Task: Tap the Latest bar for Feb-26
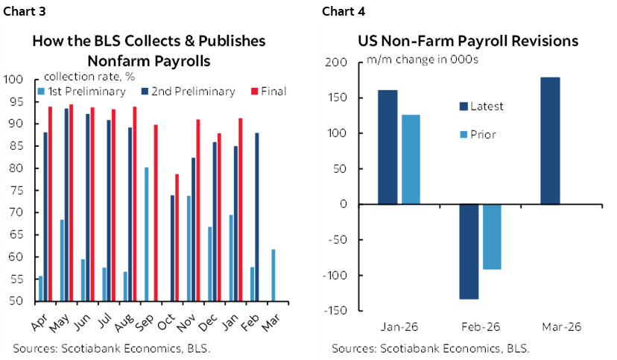[469, 251]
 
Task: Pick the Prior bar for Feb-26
[492, 236]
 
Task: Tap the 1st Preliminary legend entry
[76, 92]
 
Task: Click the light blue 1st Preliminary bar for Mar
[273, 275]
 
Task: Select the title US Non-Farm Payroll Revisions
[468, 42]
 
